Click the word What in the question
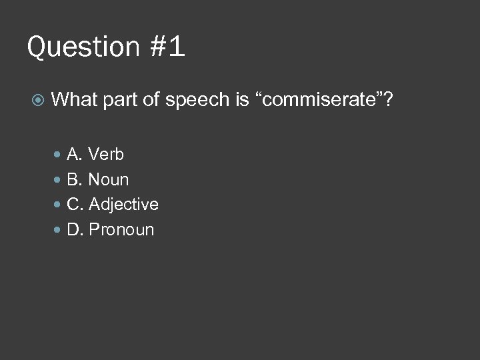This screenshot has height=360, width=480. pos(74,100)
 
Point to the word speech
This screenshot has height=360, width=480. pos(197,101)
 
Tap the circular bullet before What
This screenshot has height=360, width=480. pos(38,101)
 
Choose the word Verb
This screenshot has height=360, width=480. pos(106,155)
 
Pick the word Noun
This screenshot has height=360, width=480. pos(109,179)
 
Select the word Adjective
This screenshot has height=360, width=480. pos(123,205)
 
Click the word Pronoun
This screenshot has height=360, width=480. pos(121,230)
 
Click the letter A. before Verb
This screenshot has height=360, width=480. pos(75,155)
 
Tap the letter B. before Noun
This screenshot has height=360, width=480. pos(75,179)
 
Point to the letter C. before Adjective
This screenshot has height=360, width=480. pos(75,204)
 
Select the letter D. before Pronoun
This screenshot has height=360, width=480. pos(75,230)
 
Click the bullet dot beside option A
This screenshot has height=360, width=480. pos(58,155)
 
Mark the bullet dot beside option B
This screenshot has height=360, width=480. pos(58,180)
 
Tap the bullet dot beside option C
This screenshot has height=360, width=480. pos(58,205)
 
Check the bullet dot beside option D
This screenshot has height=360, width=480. pos(58,230)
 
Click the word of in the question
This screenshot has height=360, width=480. pos(151,100)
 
